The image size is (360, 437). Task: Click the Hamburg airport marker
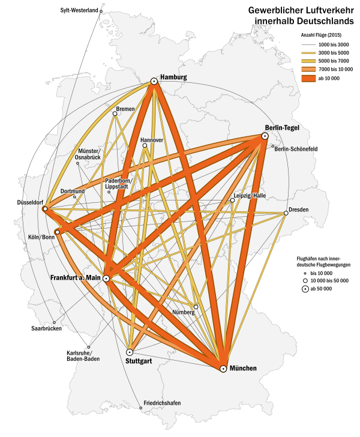tap(154, 81)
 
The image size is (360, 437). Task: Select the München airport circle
tap(223, 369)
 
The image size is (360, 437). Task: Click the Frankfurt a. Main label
tap(75, 278)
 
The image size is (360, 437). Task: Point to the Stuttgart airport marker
tap(130, 352)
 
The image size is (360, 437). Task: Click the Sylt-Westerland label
tap(80, 11)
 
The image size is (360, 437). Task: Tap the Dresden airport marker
tap(286, 213)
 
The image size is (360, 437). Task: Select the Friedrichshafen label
tap(162, 403)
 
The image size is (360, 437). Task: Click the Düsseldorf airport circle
tap(45, 209)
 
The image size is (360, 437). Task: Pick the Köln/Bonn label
tap(41, 238)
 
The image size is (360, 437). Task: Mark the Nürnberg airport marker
tap(196, 307)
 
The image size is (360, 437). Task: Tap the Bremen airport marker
tap(115, 113)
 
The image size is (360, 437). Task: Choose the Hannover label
tap(152, 140)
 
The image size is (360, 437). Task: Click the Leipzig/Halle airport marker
tap(232, 200)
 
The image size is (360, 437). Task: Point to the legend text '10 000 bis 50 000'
tap(331, 280)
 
